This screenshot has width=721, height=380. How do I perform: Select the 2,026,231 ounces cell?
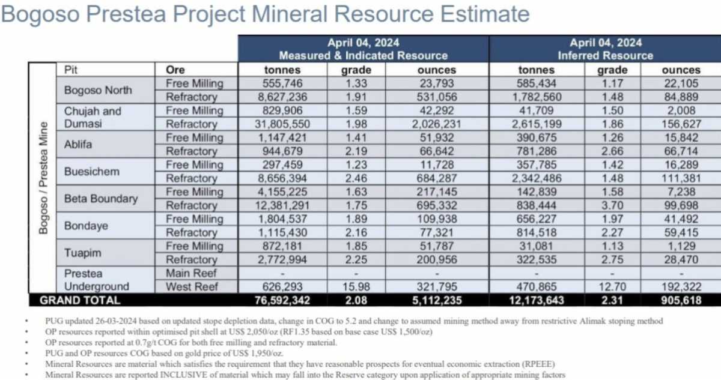pyautogui.click(x=436, y=124)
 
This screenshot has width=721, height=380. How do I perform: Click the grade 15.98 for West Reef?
pyautogui.click(x=356, y=286)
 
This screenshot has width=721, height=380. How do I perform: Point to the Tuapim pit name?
pyautogui.click(x=82, y=253)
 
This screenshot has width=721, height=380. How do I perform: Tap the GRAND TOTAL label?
pyautogui.click(x=80, y=300)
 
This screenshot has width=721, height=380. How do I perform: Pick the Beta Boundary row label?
pyautogui.click(x=101, y=199)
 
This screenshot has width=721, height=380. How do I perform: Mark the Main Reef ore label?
pyautogui.click(x=190, y=273)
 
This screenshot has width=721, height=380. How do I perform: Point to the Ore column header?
pyautogui.click(x=175, y=70)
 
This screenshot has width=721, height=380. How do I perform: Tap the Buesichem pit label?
pyautogui.click(x=92, y=171)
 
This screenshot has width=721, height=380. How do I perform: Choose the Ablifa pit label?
pyautogui.click(x=78, y=145)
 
